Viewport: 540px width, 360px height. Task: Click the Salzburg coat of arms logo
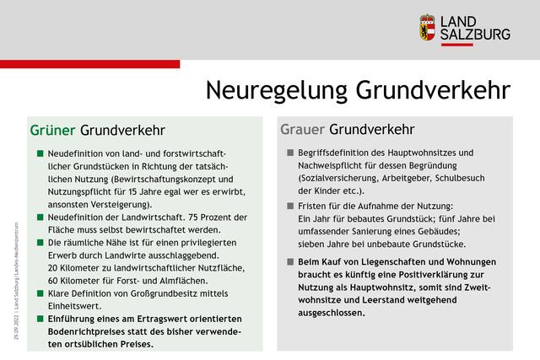coord(428,27)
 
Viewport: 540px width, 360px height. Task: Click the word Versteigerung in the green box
coord(118,204)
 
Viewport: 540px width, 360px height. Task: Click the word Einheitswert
coord(74,305)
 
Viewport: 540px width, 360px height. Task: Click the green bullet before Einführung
coord(40,319)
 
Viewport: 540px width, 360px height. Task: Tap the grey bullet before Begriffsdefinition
coord(290,153)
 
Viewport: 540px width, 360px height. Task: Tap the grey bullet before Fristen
coord(290,206)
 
